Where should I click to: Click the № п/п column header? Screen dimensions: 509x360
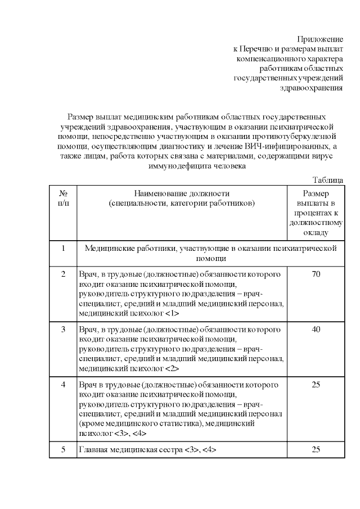pyautogui.click(x=64, y=197)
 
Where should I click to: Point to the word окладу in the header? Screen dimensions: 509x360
pyautogui.click(x=316, y=232)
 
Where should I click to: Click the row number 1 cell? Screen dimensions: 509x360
pyautogui.click(x=64, y=248)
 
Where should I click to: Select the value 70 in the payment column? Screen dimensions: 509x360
pyautogui.click(x=316, y=274)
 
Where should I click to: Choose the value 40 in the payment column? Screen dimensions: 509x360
pyautogui.click(x=316, y=328)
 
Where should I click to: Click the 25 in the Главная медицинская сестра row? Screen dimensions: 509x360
pyautogui.click(x=316, y=450)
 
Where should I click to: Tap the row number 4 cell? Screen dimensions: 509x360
pyautogui.click(x=64, y=384)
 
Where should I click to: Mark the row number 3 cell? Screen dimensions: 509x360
pyautogui.click(x=64, y=328)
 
